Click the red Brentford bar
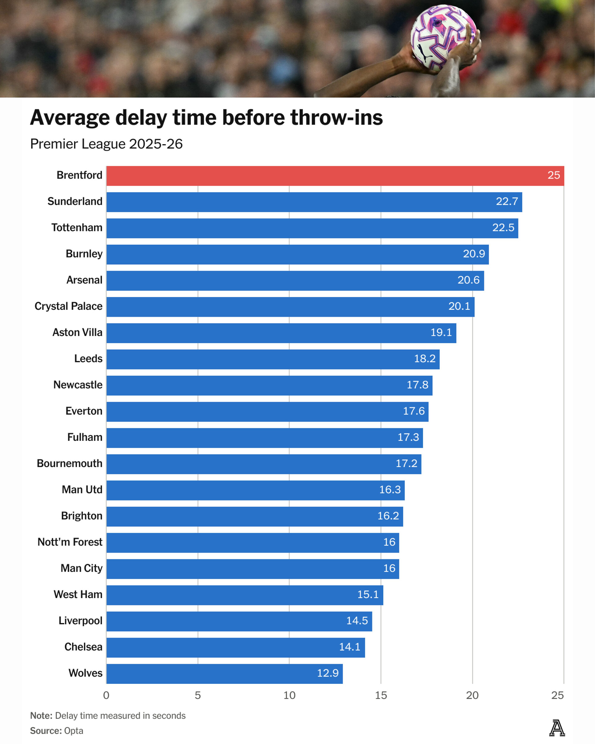(x=335, y=176)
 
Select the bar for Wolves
(x=224, y=673)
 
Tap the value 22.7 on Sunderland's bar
(x=507, y=201)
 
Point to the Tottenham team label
(x=77, y=228)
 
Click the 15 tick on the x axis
(x=381, y=695)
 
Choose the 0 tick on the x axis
(x=106, y=695)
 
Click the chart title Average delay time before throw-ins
(x=206, y=118)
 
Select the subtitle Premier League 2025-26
(x=106, y=144)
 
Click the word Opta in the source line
(x=73, y=731)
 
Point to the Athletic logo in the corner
(x=557, y=728)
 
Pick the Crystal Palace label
(x=68, y=306)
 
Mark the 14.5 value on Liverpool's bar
(x=357, y=621)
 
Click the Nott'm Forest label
(x=70, y=542)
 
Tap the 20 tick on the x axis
(x=472, y=695)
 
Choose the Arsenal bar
(x=295, y=280)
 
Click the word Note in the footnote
(x=41, y=716)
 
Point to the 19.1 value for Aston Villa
(x=441, y=333)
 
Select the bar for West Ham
(x=245, y=595)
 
